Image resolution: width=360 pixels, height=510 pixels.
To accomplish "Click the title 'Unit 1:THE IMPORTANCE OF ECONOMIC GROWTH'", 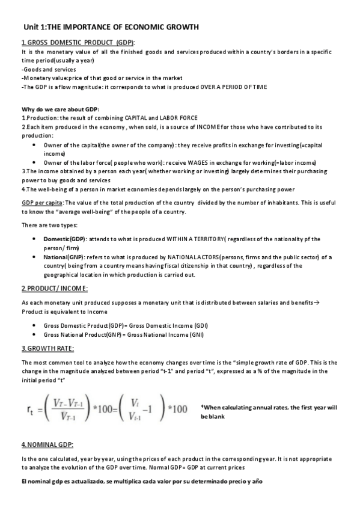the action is [x=111, y=27].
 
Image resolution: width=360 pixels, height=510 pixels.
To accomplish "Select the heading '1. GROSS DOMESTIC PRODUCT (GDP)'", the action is [x=78, y=42].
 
